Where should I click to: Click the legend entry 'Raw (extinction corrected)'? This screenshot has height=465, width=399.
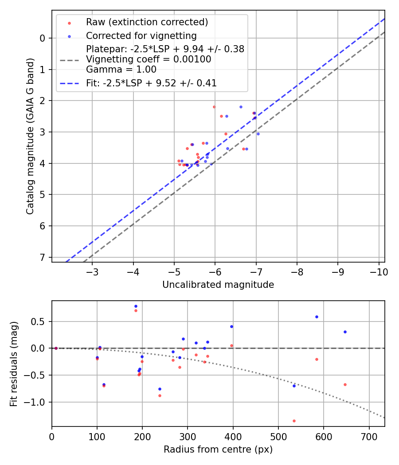[x=147, y=22]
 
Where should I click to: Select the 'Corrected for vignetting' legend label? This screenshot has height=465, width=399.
[x=141, y=35]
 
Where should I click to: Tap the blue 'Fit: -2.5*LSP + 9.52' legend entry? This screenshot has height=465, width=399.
[x=151, y=83]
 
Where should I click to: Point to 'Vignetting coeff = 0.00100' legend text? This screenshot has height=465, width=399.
[x=149, y=59]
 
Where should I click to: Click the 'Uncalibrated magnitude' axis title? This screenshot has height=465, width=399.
[x=218, y=285]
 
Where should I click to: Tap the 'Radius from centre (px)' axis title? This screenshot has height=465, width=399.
[x=218, y=449]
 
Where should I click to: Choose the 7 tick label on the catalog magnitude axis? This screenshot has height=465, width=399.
[x=43, y=257]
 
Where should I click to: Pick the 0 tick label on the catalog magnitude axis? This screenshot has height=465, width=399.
[x=43, y=38]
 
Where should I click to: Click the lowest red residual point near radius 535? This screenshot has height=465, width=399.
[x=294, y=421]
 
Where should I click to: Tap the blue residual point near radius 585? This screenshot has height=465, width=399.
[x=317, y=317]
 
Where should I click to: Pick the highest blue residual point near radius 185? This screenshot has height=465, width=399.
[x=136, y=306]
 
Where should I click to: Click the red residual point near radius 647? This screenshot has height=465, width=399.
[x=345, y=384]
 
